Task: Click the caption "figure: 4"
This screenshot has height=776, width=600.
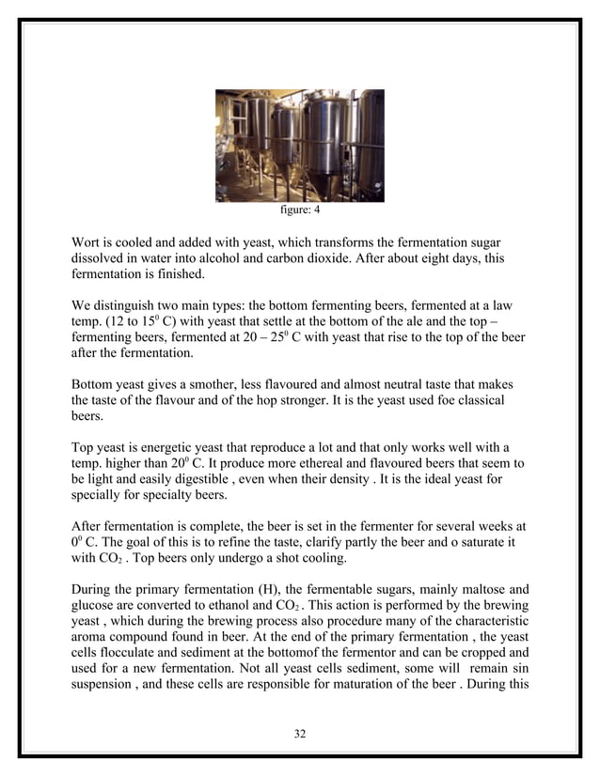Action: pyautogui.click(x=299, y=210)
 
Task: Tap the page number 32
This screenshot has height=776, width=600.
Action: pyautogui.click(x=299, y=733)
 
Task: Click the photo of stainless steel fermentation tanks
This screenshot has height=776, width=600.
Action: pyautogui.click(x=299, y=145)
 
